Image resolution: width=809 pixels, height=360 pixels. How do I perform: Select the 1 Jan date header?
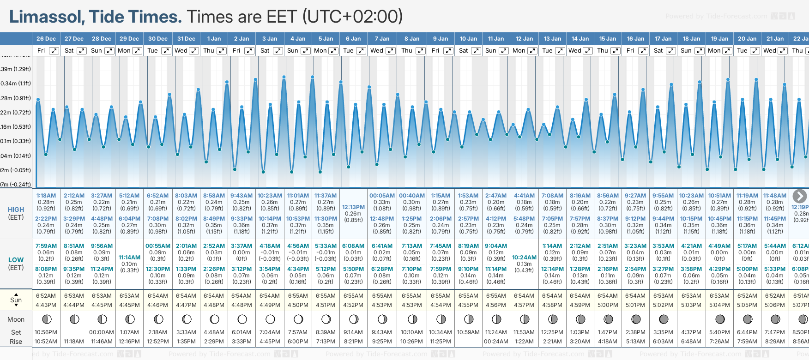(x=214, y=39)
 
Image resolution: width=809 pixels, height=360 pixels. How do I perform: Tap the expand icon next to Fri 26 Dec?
(x=54, y=51)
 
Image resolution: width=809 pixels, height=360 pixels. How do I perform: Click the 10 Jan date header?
(x=468, y=39)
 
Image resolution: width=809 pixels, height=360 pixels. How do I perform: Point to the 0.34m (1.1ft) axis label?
(x=15, y=84)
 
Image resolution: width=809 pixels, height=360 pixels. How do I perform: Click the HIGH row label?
(x=16, y=210)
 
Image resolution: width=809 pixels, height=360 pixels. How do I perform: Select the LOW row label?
(x=16, y=260)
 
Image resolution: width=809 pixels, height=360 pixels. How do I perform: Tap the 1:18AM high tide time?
(x=46, y=196)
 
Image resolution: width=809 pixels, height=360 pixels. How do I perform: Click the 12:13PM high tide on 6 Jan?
(x=353, y=207)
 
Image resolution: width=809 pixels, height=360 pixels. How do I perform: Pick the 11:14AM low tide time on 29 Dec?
(x=129, y=258)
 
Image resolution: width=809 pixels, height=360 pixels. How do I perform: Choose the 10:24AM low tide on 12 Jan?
(x=524, y=258)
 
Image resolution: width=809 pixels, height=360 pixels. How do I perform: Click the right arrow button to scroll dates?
(x=799, y=196)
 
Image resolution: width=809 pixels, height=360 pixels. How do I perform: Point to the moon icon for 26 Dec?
(x=46, y=319)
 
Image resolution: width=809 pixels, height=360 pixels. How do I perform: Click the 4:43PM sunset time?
(x=46, y=305)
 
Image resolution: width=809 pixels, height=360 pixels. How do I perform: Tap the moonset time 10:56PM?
(x=46, y=332)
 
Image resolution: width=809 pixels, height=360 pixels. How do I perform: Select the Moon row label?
(x=16, y=319)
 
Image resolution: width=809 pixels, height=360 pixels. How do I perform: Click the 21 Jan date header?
(x=775, y=39)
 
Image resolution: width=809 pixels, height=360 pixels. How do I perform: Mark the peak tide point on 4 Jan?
(x=284, y=77)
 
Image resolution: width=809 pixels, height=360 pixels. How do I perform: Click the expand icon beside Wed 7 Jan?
(x=390, y=51)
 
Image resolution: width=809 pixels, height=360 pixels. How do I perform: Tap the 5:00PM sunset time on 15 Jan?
(x=608, y=305)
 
